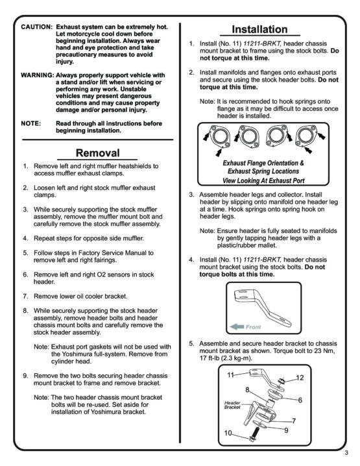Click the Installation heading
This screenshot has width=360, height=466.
tap(259, 29)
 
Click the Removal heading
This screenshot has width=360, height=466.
tap(97, 153)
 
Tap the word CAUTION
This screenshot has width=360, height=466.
tap(36, 27)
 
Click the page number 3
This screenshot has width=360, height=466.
tap(346, 453)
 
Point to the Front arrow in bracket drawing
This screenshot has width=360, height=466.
tap(237, 327)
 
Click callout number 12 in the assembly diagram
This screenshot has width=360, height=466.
tap(300, 378)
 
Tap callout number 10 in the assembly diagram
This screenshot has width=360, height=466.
tap(228, 433)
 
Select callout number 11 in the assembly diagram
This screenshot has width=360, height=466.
tap(231, 374)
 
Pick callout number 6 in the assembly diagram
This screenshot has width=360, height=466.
tap(300, 400)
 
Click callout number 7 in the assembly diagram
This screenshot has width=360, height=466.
tap(294, 421)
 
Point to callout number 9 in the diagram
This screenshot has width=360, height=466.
tap(286, 430)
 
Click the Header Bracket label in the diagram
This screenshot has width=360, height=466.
tap(232, 405)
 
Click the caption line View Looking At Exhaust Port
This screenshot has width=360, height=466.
tap(263, 180)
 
